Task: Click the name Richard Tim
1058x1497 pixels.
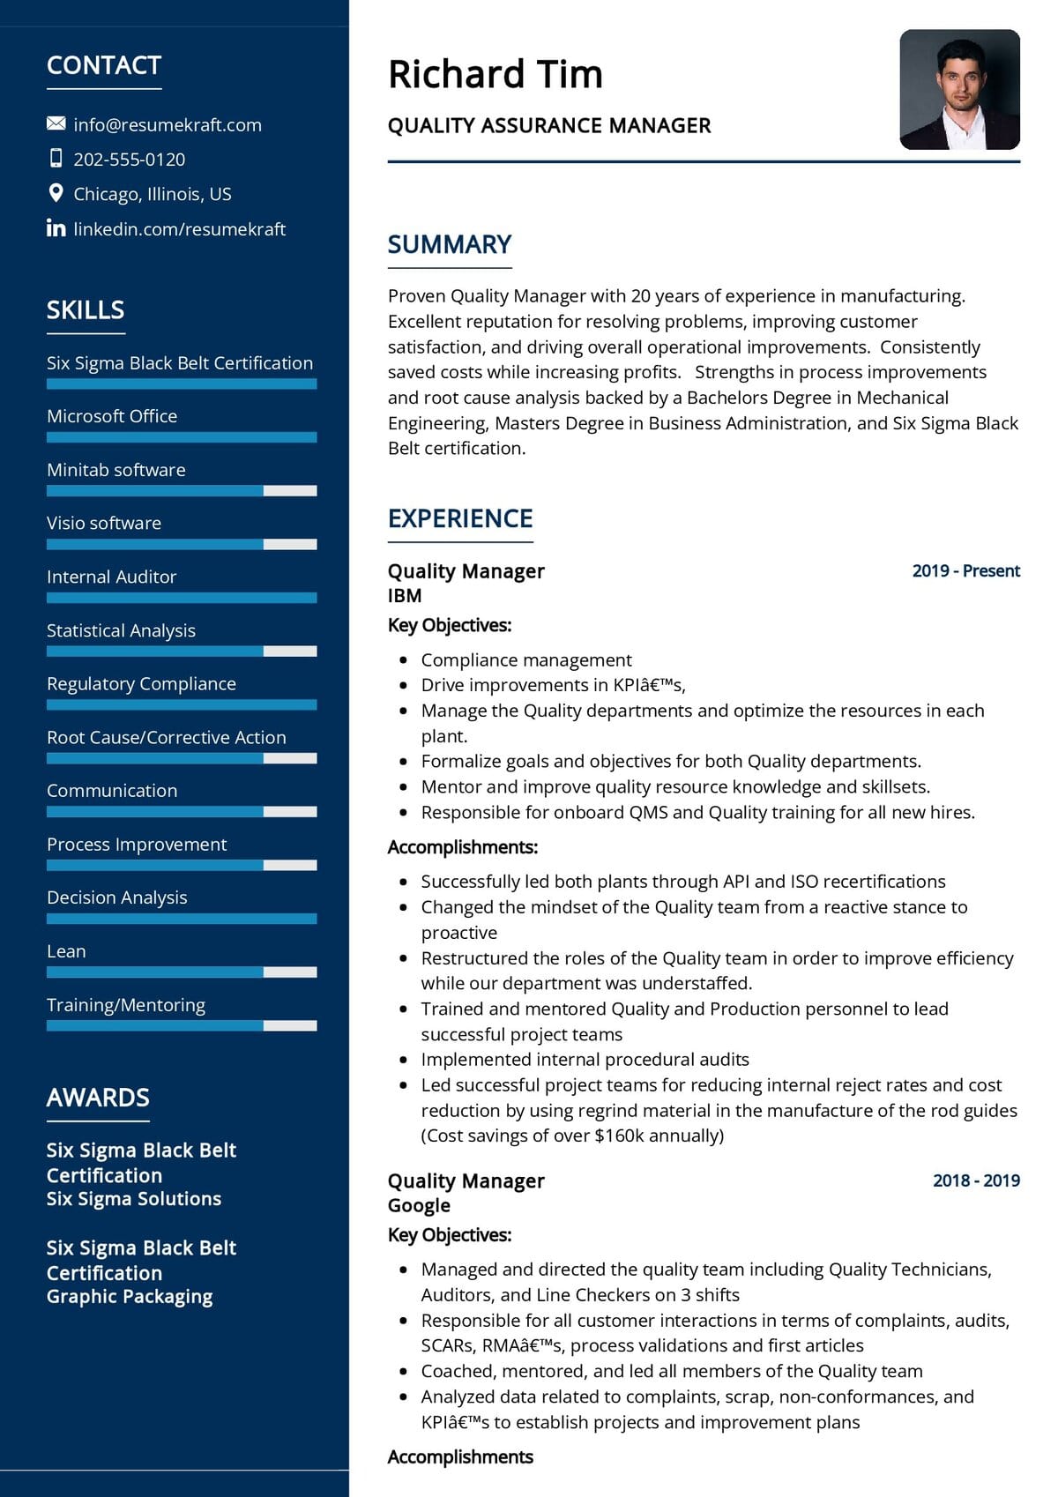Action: (495, 74)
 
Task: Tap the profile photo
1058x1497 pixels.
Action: (959, 89)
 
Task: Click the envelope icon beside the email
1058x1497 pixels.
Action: (56, 123)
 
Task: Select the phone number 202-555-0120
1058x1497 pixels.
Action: (129, 160)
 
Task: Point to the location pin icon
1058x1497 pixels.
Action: (56, 193)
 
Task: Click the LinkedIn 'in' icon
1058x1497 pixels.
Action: (56, 228)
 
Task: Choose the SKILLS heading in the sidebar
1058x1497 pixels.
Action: (86, 310)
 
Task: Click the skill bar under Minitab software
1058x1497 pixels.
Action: (181, 490)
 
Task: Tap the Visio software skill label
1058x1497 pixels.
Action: (104, 523)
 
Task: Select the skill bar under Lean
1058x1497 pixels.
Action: (181, 972)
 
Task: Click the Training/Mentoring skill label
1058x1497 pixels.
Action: (126, 1005)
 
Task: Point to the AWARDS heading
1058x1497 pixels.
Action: (98, 1098)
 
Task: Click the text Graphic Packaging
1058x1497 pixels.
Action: (130, 1296)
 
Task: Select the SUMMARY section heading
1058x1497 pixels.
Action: (450, 244)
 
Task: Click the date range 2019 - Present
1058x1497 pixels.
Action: (965, 570)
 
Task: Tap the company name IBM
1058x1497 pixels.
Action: (405, 596)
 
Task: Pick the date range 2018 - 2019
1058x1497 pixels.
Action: (976, 1180)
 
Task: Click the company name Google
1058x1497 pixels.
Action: (419, 1205)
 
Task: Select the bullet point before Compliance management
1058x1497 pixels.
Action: (404, 659)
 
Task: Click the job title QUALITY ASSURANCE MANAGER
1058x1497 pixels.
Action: (549, 125)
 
